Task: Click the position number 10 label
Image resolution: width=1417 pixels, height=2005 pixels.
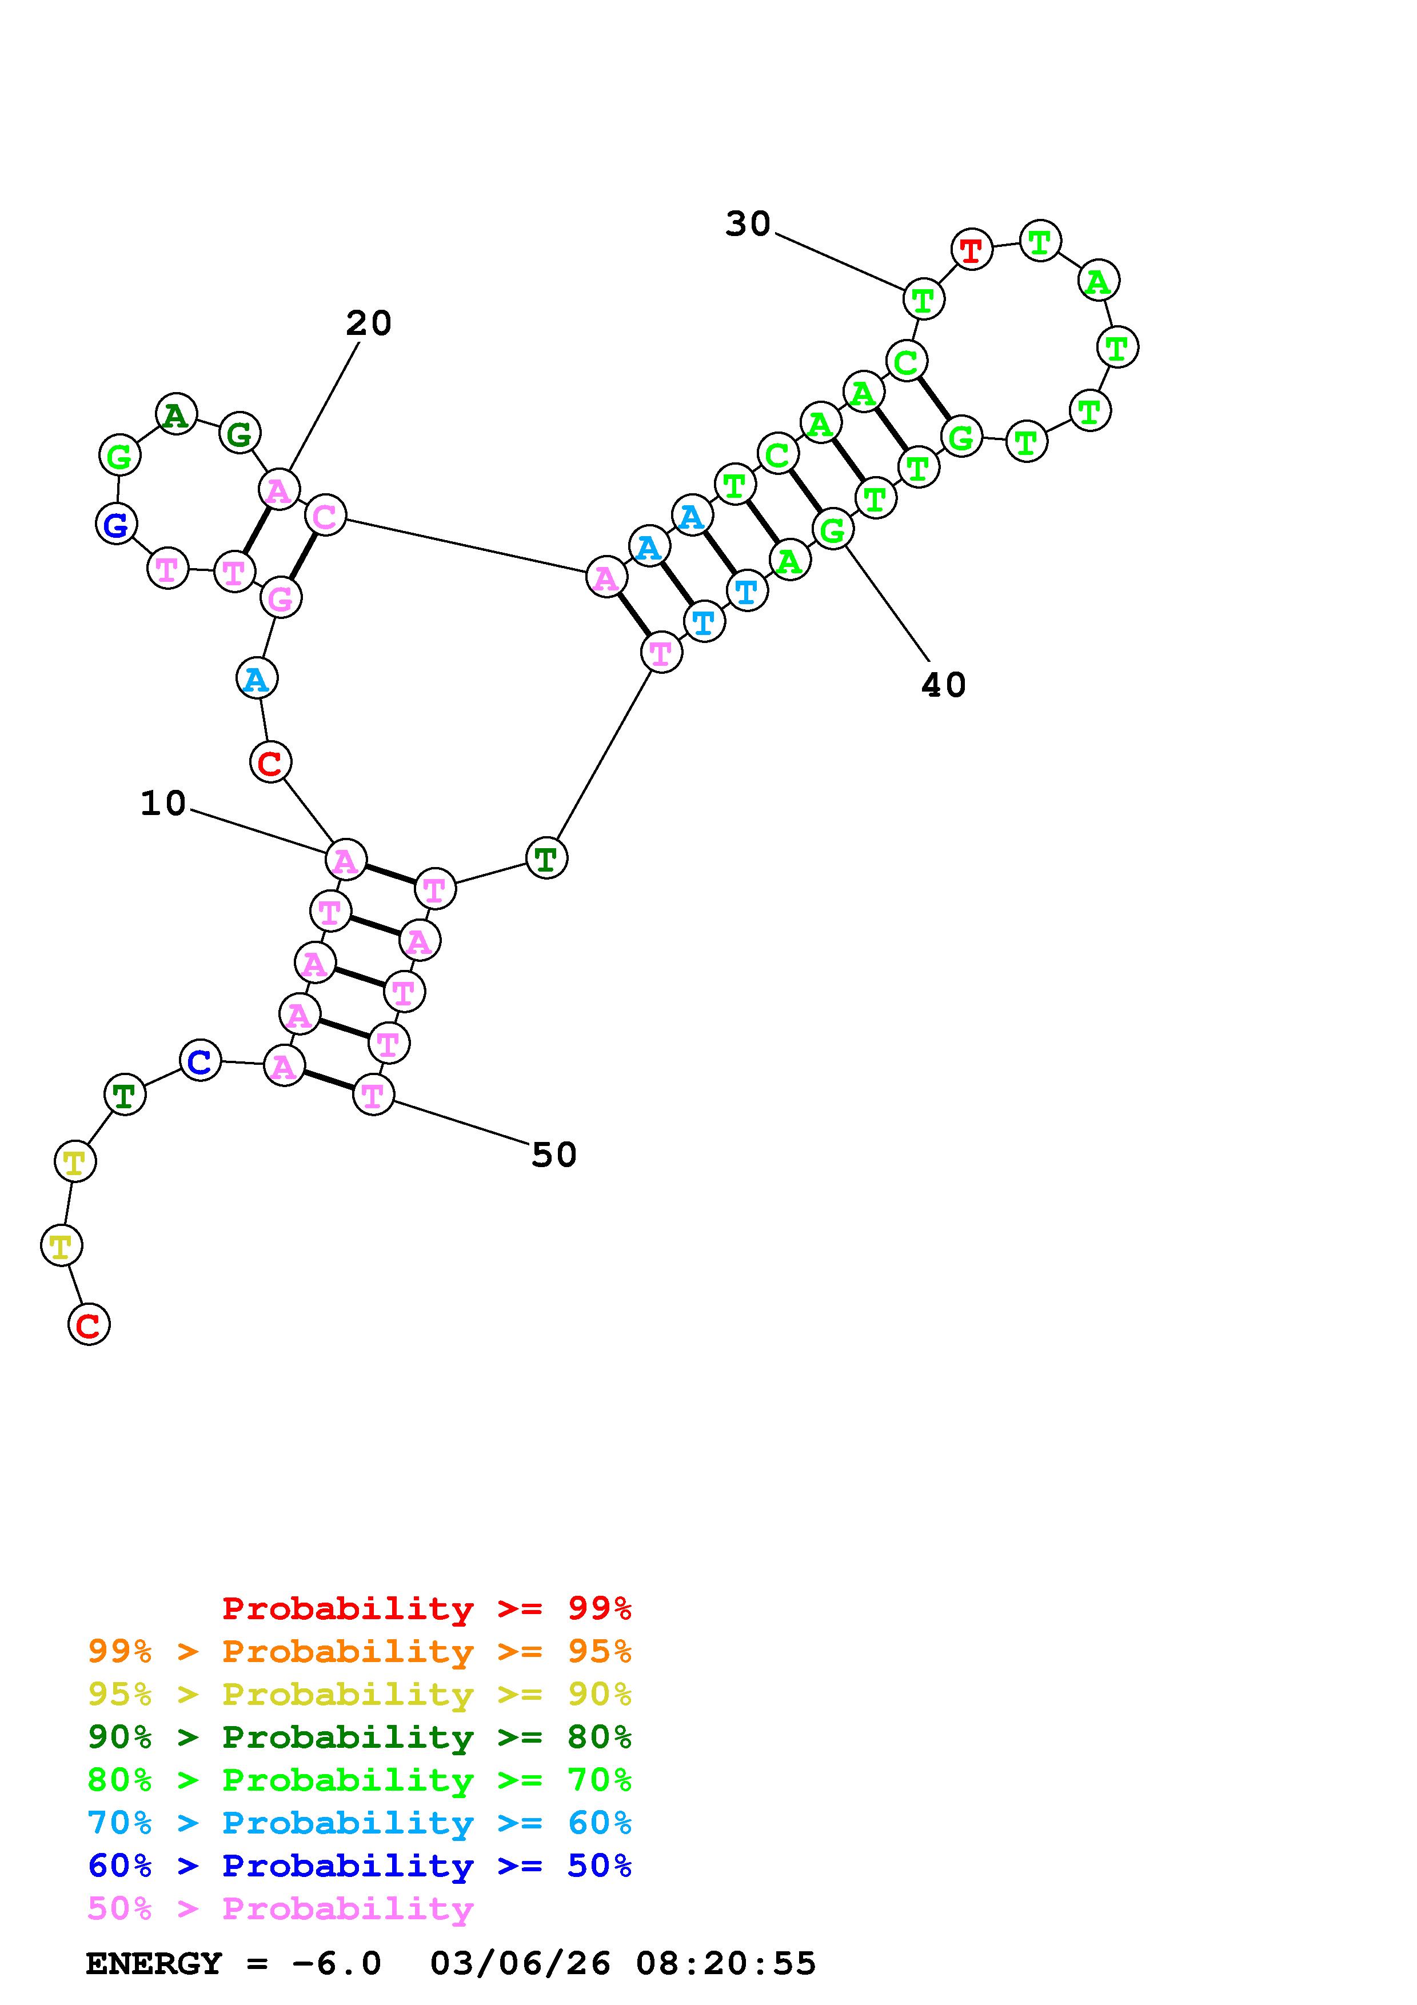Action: pos(163,804)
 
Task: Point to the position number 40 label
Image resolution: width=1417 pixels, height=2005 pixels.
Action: pos(944,685)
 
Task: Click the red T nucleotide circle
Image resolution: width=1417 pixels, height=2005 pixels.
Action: pos(971,250)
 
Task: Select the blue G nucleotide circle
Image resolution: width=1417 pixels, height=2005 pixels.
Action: pos(116,524)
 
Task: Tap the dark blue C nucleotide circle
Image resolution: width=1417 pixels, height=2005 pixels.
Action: pos(200,1061)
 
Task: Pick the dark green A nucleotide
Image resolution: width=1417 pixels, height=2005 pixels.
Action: pos(175,415)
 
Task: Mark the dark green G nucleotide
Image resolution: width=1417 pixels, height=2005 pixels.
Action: pos(240,433)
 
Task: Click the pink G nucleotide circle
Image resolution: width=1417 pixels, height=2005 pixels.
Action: pos(280,598)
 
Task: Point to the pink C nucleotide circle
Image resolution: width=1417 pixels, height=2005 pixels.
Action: pos(325,516)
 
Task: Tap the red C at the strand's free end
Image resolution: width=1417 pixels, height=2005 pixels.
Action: pos(88,1325)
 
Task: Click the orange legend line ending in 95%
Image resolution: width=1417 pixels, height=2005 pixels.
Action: pos(360,1651)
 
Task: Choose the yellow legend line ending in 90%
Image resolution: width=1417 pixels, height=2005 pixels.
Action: pos(360,1694)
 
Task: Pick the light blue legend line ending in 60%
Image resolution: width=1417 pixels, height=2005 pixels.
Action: pos(360,1823)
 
